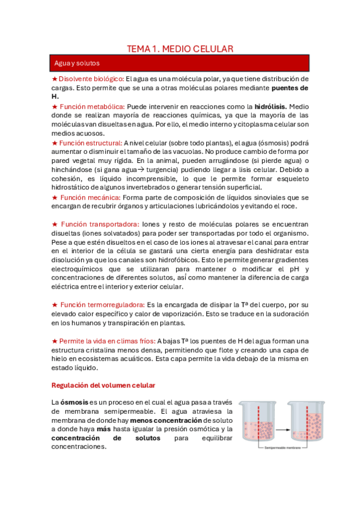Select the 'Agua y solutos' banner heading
click(77, 63)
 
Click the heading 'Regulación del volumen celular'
click(103, 384)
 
